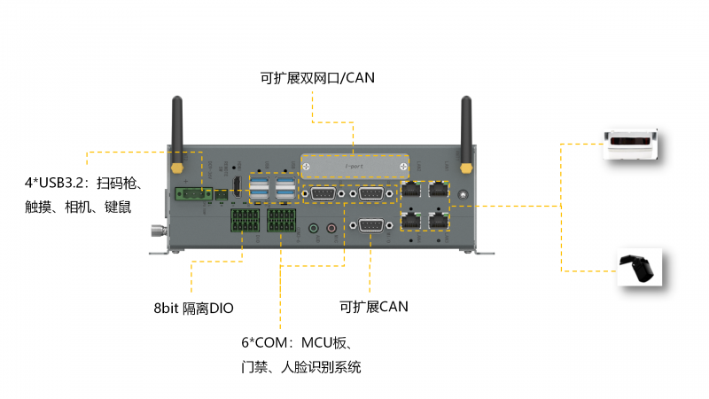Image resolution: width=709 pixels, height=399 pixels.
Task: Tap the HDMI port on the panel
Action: (238, 187)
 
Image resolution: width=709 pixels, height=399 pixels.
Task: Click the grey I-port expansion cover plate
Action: (354, 166)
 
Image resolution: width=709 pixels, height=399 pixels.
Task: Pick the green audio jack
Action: (313, 228)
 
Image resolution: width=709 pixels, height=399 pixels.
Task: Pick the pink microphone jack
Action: (331, 228)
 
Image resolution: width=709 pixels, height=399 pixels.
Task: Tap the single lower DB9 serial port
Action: (370, 226)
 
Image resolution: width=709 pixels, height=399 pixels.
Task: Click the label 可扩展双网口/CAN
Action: (317, 78)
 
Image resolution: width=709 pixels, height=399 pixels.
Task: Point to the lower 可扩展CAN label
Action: (373, 307)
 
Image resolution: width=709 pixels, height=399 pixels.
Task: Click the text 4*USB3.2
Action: (58, 184)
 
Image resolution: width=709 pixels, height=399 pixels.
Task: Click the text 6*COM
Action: (267, 343)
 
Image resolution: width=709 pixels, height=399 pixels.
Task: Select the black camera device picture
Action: (638, 269)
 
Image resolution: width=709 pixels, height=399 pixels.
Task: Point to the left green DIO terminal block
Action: (245, 221)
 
